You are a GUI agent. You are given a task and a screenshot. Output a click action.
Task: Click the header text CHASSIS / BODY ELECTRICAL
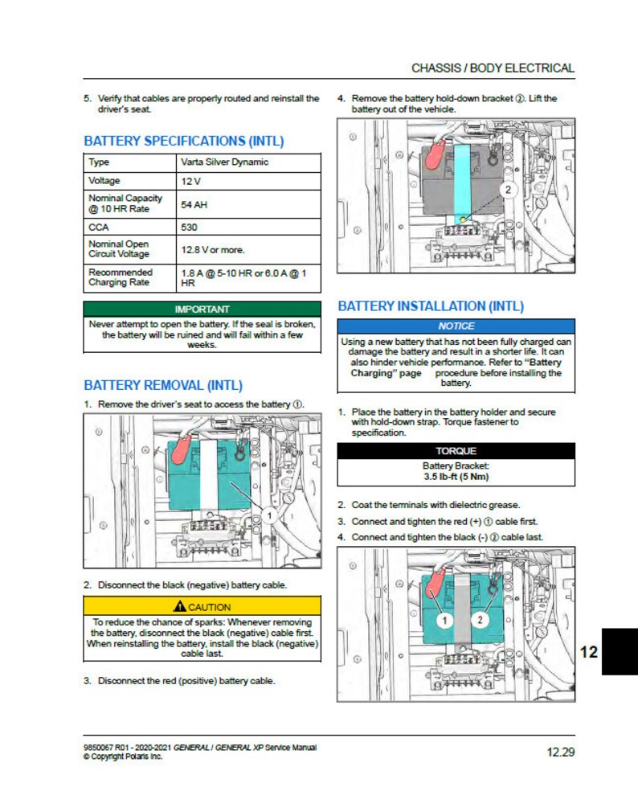tap(493, 68)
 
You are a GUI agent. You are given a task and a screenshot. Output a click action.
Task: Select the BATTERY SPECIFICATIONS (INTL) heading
tap(184, 141)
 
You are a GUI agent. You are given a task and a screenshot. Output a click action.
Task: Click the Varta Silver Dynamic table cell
tap(225, 162)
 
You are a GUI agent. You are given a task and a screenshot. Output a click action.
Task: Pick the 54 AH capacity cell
tap(194, 204)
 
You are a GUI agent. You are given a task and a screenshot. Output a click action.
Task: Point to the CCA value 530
tap(190, 228)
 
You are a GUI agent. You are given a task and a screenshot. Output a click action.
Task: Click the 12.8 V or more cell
tap(213, 249)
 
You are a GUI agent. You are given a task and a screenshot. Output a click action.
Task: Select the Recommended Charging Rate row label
tap(121, 277)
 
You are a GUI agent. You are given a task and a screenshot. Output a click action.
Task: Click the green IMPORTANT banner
tap(202, 309)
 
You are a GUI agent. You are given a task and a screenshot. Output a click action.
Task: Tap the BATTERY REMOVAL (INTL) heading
tap(163, 386)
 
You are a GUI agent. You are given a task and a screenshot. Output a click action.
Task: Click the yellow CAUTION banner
tap(202, 606)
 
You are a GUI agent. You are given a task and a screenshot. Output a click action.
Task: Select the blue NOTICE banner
tap(456, 326)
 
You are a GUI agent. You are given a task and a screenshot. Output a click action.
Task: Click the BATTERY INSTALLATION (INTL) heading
tap(431, 306)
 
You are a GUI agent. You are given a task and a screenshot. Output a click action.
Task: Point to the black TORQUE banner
tap(456, 451)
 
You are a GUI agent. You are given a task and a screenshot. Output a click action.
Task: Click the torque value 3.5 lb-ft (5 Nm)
tap(456, 476)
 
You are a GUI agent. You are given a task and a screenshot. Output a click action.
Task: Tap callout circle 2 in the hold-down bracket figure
tap(508, 190)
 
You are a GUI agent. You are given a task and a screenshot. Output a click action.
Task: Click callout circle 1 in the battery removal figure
tap(271, 515)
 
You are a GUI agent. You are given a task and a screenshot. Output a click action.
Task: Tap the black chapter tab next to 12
tap(619, 651)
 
